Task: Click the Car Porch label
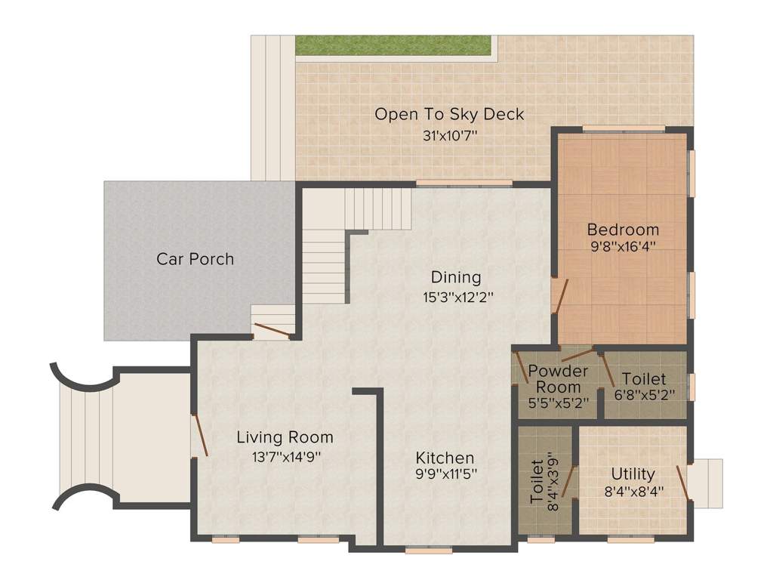click(x=196, y=259)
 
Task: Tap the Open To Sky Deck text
click(x=449, y=115)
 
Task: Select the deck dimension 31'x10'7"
click(x=450, y=135)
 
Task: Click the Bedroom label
click(x=623, y=230)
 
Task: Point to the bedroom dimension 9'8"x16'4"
click(x=623, y=246)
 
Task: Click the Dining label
click(x=456, y=277)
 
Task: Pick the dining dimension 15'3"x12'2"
click(x=458, y=298)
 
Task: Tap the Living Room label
click(x=285, y=437)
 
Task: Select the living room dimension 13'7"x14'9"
click(x=286, y=457)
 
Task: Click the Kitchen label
click(x=445, y=458)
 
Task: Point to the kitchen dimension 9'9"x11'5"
click(x=446, y=474)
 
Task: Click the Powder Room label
click(x=558, y=379)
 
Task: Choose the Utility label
click(x=633, y=474)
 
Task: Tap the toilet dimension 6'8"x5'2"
click(x=645, y=394)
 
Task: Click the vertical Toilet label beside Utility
click(x=537, y=482)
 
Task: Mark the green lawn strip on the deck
click(x=393, y=45)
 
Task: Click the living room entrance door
click(x=201, y=436)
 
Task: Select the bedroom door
click(x=561, y=296)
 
